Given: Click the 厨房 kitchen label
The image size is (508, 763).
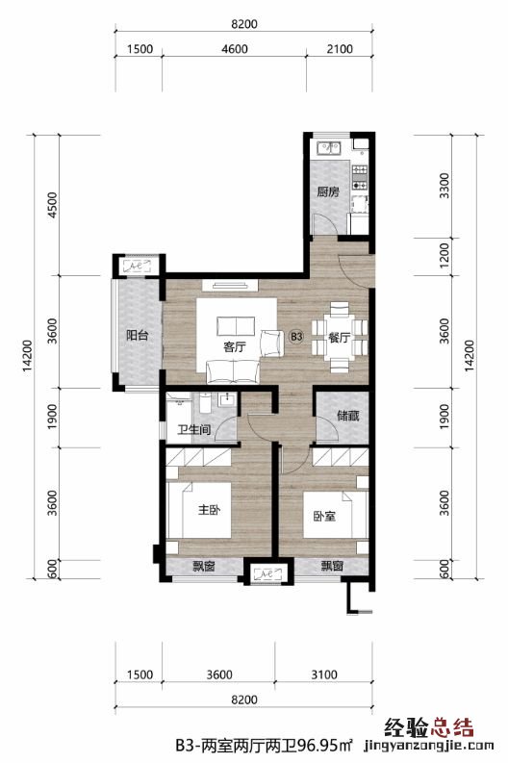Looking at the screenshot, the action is (x=328, y=191).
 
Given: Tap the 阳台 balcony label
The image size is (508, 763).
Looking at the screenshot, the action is (x=138, y=335).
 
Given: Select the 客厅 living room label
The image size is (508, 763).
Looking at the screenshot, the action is (x=235, y=347).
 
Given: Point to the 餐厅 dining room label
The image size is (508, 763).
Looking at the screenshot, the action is (x=340, y=337).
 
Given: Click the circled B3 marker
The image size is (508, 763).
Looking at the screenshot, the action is (x=296, y=337).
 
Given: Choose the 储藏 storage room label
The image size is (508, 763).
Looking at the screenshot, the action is (x=348, y=416).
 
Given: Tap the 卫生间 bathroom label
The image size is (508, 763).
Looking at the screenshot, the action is (x=194, y=430).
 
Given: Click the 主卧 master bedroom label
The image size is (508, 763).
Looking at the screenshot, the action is (x=209, y=510).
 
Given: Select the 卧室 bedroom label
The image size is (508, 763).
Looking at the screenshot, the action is (x=324, y=517).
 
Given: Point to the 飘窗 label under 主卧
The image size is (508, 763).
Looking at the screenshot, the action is (x=203, y=566).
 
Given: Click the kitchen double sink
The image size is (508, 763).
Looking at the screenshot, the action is (x=329, y=147).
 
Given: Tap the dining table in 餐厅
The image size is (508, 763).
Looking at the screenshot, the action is (x=340, y=338).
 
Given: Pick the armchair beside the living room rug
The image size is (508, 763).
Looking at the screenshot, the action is (x=272, y=343).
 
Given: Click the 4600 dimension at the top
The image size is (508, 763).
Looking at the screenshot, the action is (x=235, y=49).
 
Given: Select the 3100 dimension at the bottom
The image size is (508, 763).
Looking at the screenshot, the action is (x=324, y=674).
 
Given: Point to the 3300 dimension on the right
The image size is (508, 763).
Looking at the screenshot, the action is (x=444, y=186).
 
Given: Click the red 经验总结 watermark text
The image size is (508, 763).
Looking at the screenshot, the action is (x=429, y=728).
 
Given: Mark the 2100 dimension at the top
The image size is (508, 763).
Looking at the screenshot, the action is (x=340, y=49).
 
